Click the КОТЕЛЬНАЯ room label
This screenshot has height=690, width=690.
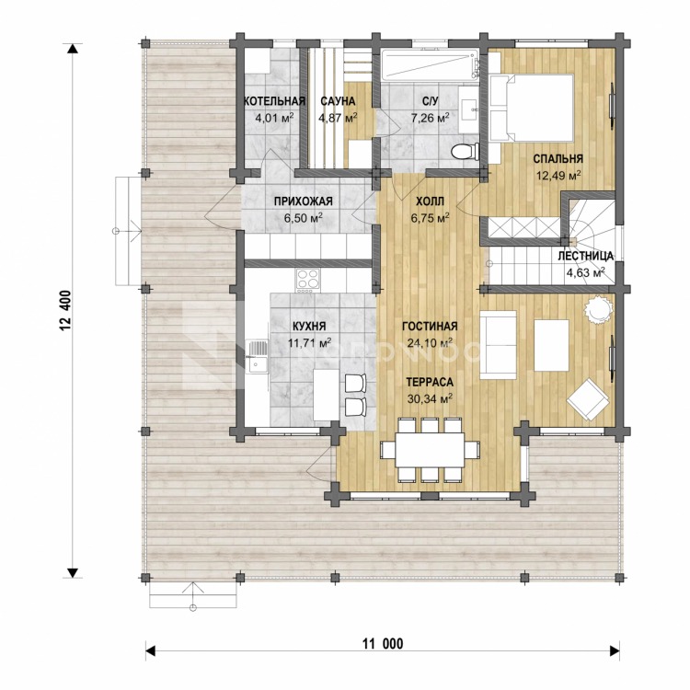(274, 101)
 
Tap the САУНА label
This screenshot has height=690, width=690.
(338, 101)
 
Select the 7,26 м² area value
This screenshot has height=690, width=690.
(430, 118)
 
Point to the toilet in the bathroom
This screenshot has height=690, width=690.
(466, 152)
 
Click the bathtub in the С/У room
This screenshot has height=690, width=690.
(429, 65)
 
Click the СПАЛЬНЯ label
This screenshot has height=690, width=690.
(558, 159)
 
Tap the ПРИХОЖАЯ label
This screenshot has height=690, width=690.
(304, 201)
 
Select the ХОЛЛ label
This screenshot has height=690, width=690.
(430, 201)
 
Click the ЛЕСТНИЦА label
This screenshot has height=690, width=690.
(585, 256)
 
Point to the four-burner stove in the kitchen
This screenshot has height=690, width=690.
(308, 281)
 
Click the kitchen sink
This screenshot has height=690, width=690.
(258, 356)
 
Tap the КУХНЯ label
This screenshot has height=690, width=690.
(309, 326)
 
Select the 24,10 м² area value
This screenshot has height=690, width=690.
(430, 343)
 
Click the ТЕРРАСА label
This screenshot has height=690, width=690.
(430, 382)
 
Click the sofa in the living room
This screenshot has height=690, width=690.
(498, 345)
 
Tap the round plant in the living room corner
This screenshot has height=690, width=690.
(599, 310)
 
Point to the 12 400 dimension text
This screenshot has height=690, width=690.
(65, 311)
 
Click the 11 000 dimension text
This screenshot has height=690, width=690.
(383, 644)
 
